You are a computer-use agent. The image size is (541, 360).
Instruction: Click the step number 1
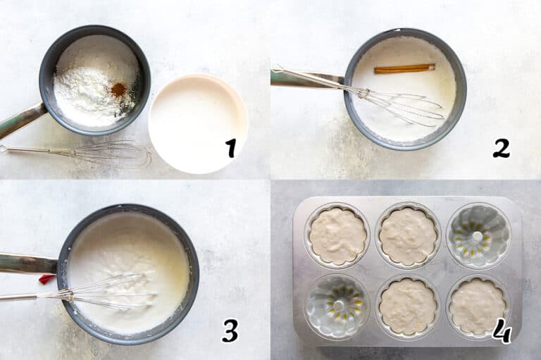230,149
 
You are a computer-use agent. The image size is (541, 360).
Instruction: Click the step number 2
501,149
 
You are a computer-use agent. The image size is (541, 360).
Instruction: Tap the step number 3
230,330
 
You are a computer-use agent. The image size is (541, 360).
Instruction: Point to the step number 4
502,330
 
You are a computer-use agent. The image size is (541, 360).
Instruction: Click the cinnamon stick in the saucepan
404,68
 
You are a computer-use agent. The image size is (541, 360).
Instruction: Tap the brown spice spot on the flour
118,89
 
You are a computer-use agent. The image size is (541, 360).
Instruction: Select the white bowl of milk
198,123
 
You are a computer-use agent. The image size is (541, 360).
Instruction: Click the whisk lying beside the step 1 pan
76,154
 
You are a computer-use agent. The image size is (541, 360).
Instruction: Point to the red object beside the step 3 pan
47,279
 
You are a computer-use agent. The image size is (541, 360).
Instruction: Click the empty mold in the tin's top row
478,236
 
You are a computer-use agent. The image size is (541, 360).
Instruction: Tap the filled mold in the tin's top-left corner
338,236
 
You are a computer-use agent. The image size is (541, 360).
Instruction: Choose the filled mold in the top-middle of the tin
408,236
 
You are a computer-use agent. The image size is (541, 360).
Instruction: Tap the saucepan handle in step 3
28,263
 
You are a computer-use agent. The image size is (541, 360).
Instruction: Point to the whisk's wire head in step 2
402,104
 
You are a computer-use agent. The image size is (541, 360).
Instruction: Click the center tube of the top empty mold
477,236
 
